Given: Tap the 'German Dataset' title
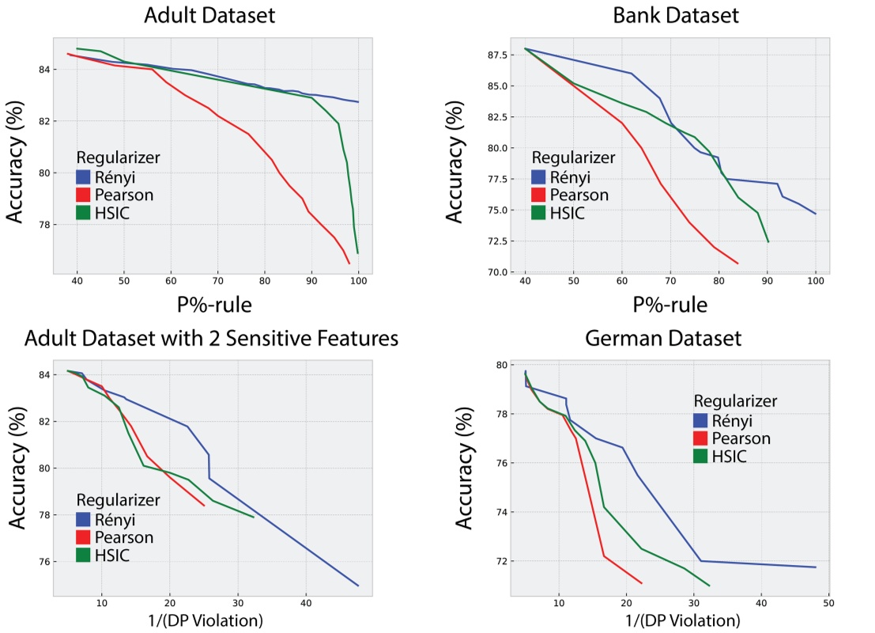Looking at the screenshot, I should (x=664, y=339).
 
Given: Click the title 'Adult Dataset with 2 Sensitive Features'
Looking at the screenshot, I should (x=212, y=339).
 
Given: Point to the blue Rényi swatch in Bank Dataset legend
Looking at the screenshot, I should (x=542, y=176).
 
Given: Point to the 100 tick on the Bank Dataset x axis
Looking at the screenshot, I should (x=815, y=282).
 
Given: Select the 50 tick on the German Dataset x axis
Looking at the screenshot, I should (x=828, y=603).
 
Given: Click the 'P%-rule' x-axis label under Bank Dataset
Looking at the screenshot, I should (x=670, y=304).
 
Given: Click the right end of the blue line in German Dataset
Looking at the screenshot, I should (x=815, y=567).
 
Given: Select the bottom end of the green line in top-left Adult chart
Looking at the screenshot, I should (x=358, y=253).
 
